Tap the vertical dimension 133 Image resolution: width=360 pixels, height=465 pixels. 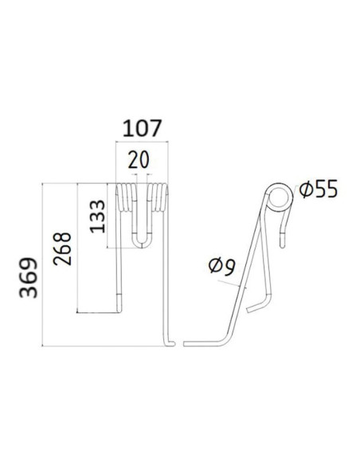(x=96, y=216)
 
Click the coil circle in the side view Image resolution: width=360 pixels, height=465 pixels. (x=280, y=197)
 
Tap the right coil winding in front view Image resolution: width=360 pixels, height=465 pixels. (x=158, y=197)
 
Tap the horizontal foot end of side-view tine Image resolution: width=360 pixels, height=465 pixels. (x=195, y=344)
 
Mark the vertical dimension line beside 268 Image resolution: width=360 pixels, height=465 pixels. (x=77, y=247)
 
